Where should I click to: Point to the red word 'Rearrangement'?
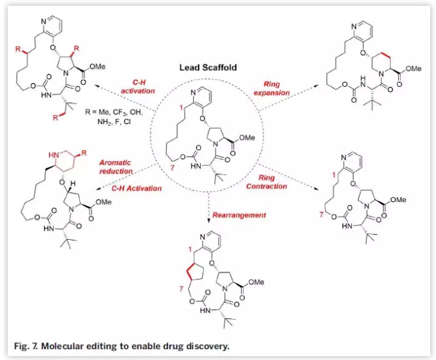(240, 215)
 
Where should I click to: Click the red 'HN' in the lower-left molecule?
(52, 155)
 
